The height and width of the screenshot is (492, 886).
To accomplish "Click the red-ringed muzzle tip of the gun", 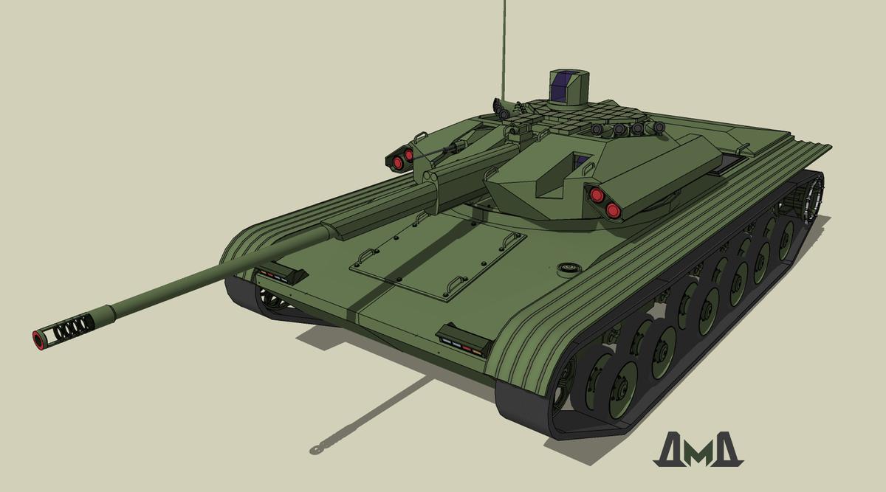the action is [x=38, y=340].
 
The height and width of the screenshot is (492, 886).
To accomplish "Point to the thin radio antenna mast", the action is [x=504, y=49].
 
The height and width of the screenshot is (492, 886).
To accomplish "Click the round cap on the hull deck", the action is [x=569, y=268].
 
